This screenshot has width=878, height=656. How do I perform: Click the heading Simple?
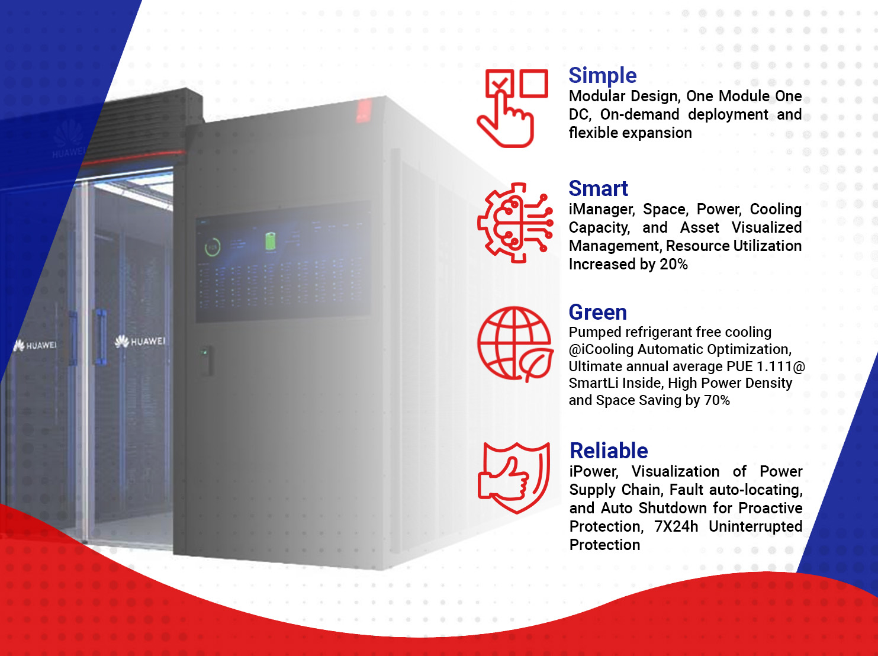tap(602, 76)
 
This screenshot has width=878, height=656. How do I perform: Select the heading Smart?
tap(599, 188)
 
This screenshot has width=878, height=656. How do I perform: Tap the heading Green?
tap(597, 312)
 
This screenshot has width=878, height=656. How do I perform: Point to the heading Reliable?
tap(609, 451)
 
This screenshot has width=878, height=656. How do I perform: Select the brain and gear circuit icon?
tap(515, 223)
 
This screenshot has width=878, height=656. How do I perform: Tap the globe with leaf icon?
tap(515, 344)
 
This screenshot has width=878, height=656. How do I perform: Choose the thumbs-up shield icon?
tap(514, 478)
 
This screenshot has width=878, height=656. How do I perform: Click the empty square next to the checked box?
tap(534, 83)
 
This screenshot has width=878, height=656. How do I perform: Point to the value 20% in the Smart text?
tap(674, 265)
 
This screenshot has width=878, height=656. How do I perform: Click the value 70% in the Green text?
tap(716, 400)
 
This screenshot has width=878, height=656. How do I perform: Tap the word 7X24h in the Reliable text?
tap(676, 527)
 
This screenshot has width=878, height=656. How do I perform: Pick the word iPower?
tap(594, 472)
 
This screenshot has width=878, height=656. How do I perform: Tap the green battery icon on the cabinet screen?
tap(271, 241)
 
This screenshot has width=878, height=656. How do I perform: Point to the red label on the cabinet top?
tap(364, 111)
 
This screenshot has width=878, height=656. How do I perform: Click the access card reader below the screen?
tap(205, 360)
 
